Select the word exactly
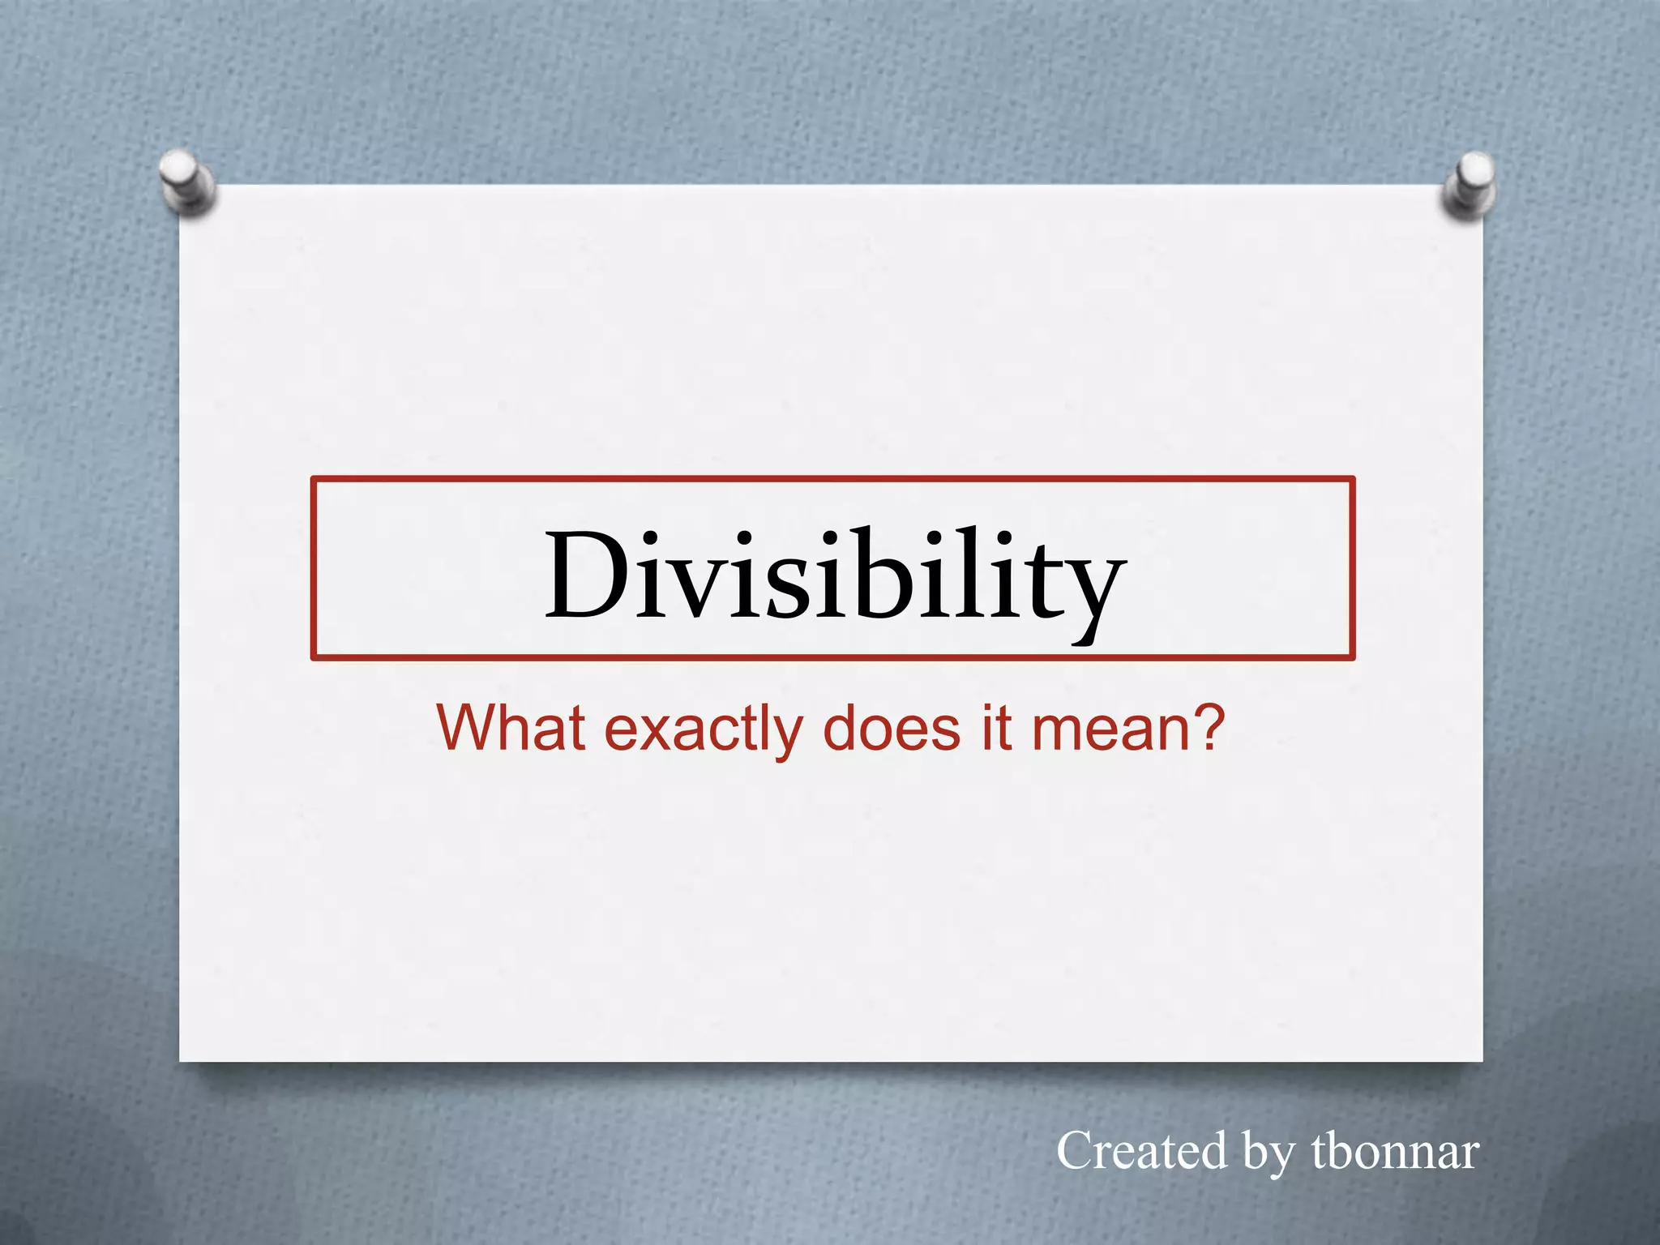[704, 729]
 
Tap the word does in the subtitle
[891, 727]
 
